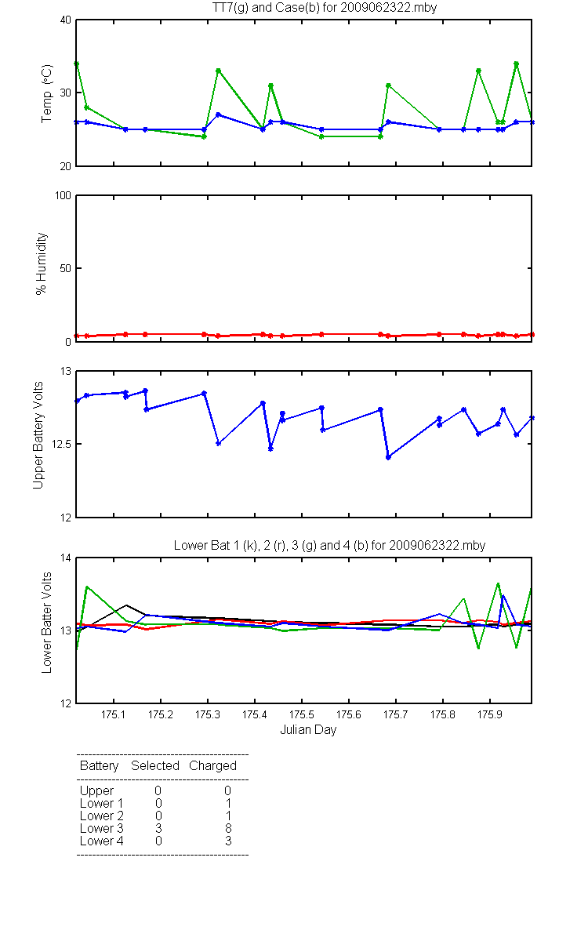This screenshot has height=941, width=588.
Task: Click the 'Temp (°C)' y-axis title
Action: click(46, 93)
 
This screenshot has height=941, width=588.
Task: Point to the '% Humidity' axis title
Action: click(41, 263)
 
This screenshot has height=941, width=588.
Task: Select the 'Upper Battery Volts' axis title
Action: click(38, 435)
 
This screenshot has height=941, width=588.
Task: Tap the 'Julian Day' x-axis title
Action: click(308, 730)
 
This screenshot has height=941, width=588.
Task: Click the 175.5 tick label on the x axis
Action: click(302, 714)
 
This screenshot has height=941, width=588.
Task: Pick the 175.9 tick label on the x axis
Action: click(490, 714)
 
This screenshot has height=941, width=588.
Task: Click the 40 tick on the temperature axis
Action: click(66, 20)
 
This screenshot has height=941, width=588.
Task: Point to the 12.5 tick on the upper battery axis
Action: click(61, 444)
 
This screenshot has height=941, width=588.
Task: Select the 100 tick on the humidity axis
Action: click(64, 195)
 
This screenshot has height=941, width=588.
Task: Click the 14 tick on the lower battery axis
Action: click(66, 558)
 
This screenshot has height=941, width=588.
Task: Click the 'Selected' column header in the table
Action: click(155, 765)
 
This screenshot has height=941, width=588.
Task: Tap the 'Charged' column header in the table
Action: click(212, 766)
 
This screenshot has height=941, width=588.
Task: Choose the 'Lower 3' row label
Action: click(102, 828)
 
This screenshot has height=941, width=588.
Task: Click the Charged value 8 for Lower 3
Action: click(228, 828)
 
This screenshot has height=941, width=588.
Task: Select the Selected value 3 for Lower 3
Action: click(158, 828)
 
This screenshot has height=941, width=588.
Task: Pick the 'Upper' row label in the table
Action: click(96, 791)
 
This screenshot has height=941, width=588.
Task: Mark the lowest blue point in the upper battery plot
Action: click(388, 457)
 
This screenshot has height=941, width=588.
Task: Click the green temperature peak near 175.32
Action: click(219, 71)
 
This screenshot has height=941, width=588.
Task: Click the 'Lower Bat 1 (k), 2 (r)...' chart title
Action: click(330, 545)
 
